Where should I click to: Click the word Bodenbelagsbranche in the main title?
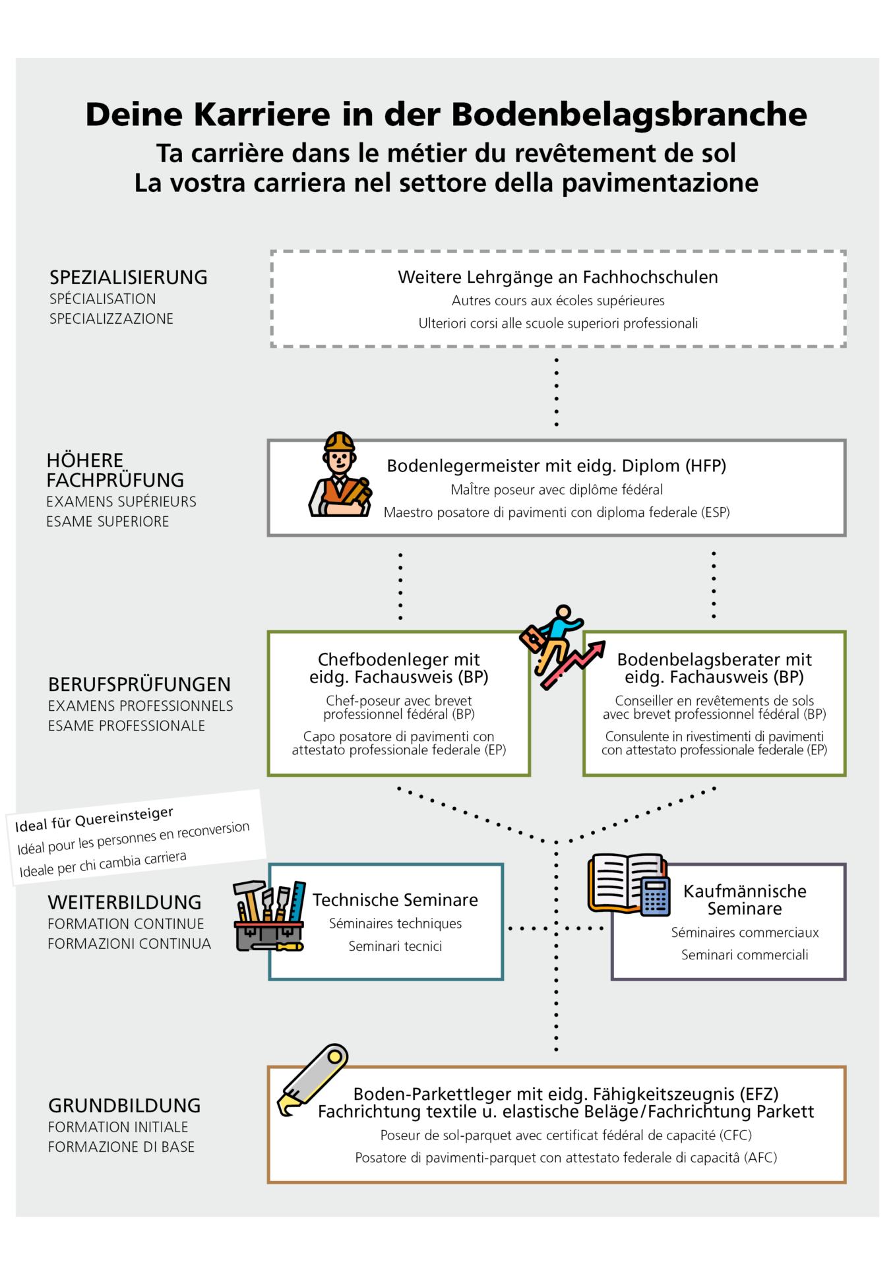click(629, 115)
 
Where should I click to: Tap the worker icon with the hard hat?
click(339, 475)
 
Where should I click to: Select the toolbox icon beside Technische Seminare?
click(269, 916)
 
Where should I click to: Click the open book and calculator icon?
click(629, 884)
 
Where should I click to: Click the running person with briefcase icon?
click(561, 647)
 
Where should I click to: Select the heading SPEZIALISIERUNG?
click(129, 278)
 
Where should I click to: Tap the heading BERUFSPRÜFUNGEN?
click(139, 684)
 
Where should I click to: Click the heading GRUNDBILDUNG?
click(125, 1106)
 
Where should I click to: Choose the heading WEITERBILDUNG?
click(125, 903)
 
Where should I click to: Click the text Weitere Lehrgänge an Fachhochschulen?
click(558, 278)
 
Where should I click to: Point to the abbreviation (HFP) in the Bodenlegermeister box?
click(706, 466)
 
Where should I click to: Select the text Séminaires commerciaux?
click(745, 932)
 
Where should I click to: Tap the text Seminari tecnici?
click(395, 946)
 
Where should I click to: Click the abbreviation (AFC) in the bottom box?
click(760, 1158)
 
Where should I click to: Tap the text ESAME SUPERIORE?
click(108, 522)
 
